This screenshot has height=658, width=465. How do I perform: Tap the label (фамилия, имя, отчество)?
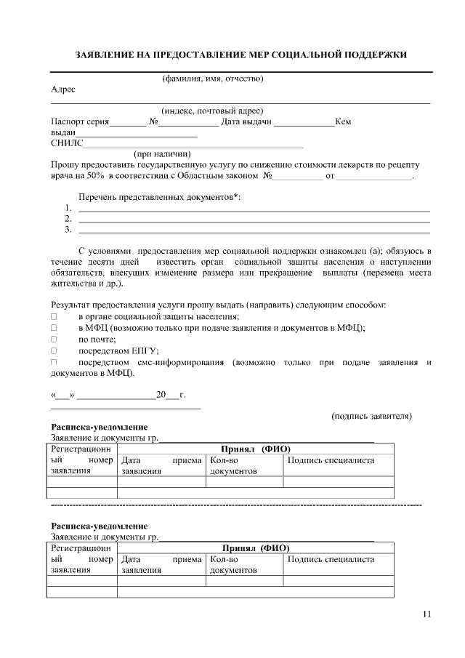[212, 79]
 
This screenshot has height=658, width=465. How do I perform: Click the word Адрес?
[63, 90]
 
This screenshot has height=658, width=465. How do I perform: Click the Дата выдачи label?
[246, 122]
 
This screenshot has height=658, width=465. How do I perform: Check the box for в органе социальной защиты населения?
[53, 317]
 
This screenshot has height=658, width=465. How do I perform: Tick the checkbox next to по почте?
[53, 339]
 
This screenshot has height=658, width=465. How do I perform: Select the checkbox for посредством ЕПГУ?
[53, 350]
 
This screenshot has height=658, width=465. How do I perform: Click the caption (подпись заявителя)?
[371, 416]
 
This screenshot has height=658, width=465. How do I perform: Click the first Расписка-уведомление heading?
[99, 427]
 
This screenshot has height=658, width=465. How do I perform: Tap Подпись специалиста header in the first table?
[331, 461]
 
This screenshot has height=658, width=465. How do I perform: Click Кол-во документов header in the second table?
[233, 565]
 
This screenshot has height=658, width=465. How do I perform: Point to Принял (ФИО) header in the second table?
[255, 548]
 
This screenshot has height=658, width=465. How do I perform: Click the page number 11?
[426, 614]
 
